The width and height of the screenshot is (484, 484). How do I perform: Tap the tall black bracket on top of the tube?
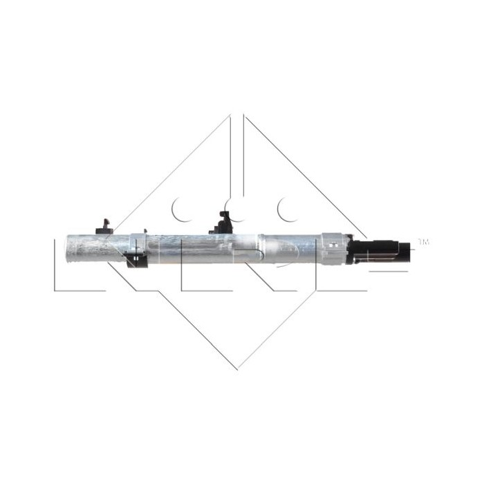222,221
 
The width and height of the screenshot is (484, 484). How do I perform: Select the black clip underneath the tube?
136,261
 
